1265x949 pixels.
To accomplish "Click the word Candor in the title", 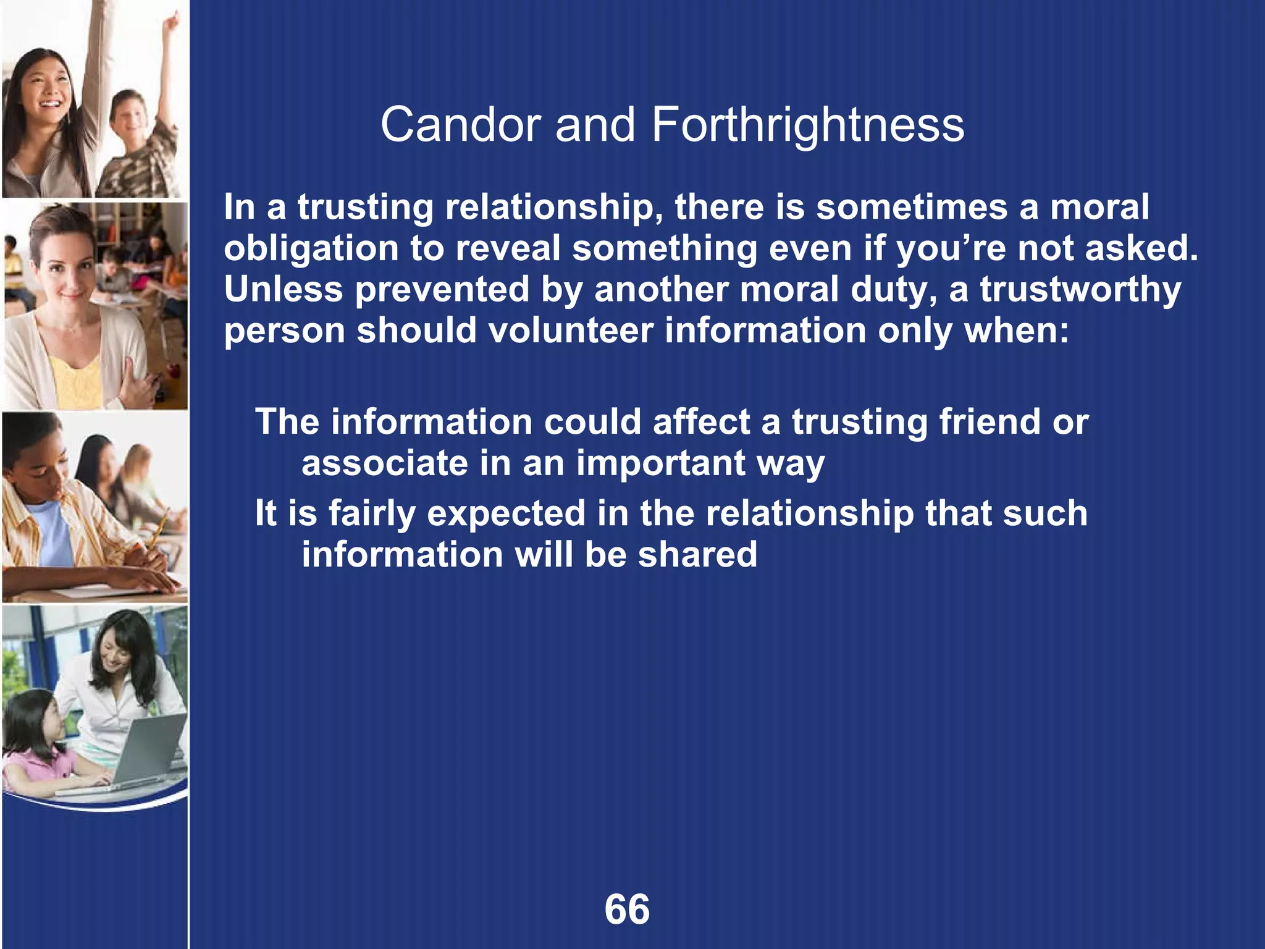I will [461, 125].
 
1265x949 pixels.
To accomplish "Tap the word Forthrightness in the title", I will [807, 125].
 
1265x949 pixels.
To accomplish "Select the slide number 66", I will [627, 909].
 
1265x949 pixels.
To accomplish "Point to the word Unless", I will [283, 289].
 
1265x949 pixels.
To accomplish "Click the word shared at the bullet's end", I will [697, 554].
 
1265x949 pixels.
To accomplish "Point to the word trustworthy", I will [1080, 290].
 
